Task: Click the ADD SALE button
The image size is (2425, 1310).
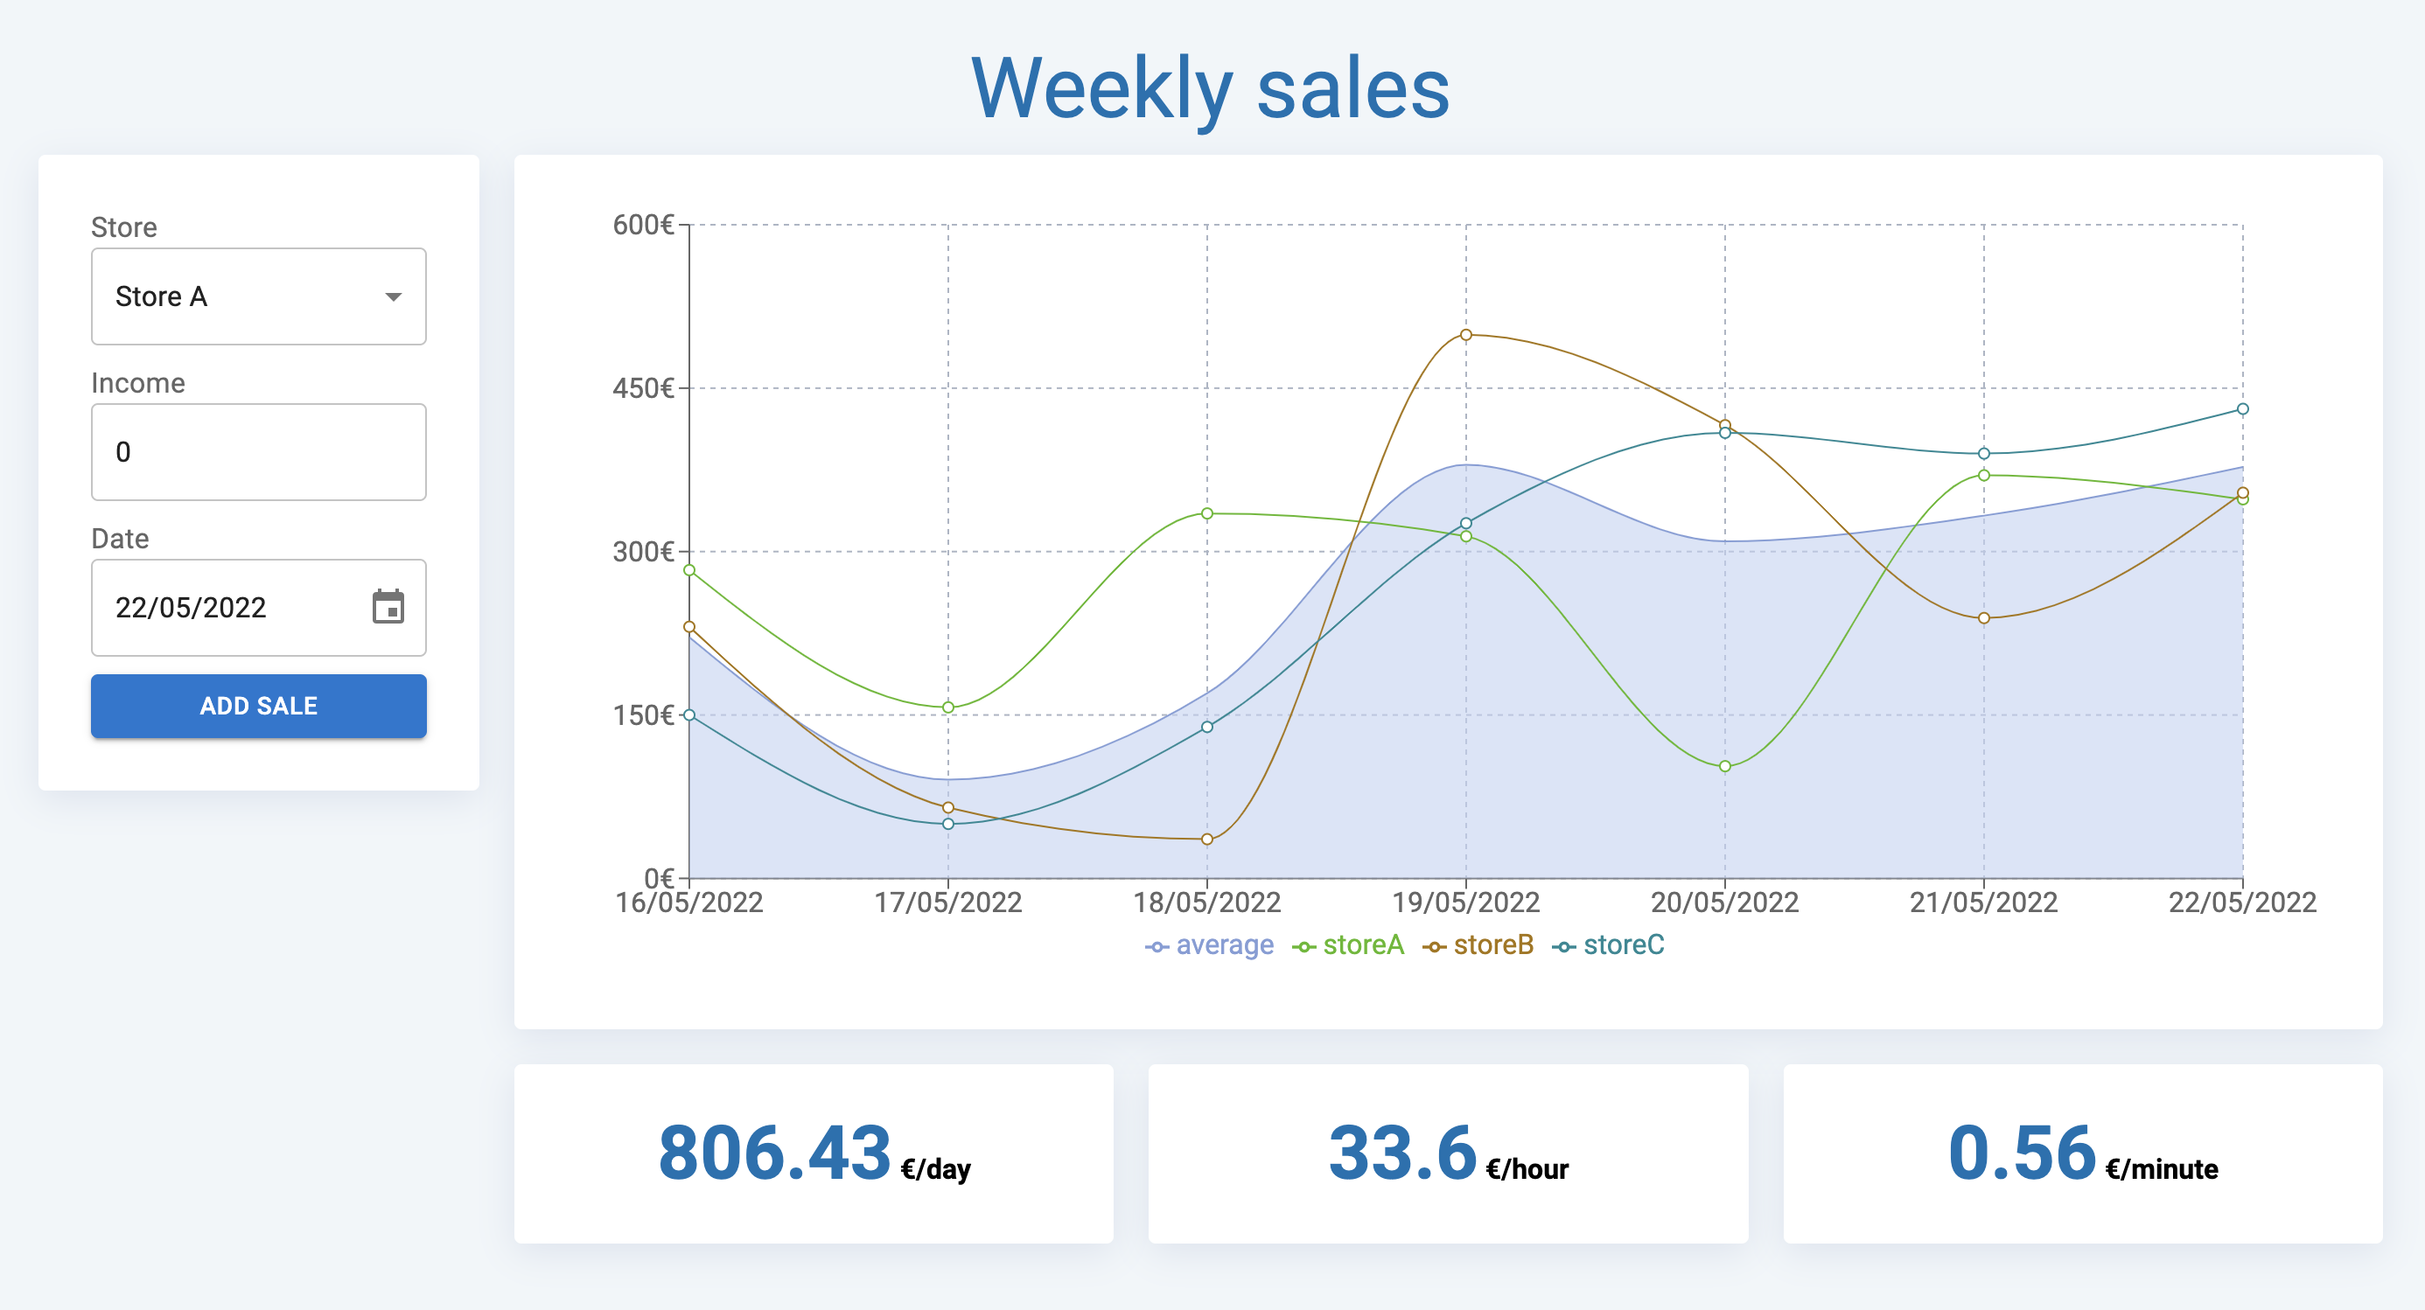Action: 258,706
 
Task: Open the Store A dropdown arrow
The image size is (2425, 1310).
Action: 394,297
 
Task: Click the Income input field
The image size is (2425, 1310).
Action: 258,453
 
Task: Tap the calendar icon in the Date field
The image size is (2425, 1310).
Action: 388,608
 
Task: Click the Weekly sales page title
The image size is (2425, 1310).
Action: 1211,88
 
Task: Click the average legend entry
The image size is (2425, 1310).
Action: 1210,944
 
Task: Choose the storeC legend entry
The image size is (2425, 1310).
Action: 1609,944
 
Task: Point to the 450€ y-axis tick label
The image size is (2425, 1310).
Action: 644,388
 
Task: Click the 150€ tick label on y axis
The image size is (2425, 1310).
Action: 644,715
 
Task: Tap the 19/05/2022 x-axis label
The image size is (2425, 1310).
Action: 1465,902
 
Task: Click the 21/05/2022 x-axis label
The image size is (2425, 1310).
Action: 1983,902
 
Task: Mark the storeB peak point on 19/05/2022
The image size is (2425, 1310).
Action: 1465,335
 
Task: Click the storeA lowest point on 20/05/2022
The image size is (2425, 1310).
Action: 1724,766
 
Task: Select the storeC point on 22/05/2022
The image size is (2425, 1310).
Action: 2242,409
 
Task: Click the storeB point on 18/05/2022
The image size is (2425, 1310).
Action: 1207,840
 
